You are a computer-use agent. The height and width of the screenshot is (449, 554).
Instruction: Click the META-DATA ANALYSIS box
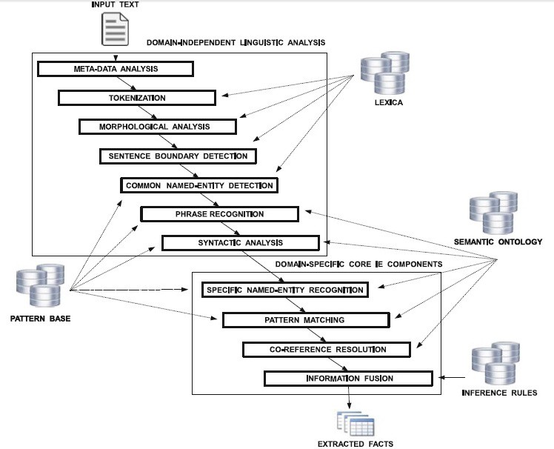(x=116, y=69)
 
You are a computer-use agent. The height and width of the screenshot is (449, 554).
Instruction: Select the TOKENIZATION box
(x=136, y=98)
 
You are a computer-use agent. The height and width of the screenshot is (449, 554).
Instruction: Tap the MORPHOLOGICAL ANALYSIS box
(x=157, y=127)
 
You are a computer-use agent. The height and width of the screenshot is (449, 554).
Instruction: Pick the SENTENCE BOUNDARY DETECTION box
(x=178, y=156)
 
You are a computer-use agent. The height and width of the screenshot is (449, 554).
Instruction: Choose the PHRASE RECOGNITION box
(x=219, y=214)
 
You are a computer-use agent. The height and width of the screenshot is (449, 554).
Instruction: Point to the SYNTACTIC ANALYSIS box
(x=240, y=243)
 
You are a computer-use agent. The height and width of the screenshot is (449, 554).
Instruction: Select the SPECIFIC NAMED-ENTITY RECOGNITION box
(x=284, y=290)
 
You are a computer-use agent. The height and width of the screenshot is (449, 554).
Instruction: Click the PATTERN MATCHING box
(x=305, y=320)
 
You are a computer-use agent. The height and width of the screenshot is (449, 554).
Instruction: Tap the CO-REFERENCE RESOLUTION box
(x=326, y=349)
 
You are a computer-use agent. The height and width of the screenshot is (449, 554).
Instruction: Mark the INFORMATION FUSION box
(x=347, y=379)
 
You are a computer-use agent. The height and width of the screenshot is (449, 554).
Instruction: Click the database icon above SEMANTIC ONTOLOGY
(x=493, y=214)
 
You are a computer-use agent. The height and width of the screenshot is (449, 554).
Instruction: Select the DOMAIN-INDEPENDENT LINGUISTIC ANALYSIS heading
(x=236, y=43)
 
